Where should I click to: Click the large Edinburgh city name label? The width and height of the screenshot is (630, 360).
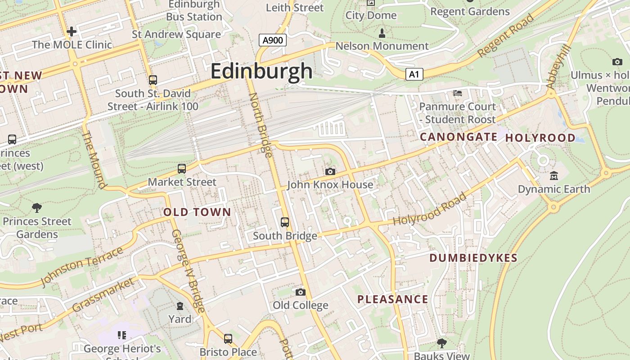pyautogui.click(x=261, y=71)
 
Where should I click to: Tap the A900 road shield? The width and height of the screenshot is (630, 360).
pyautogui.click(x=273, y=40)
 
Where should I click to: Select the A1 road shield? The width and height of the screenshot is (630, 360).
pyautogui.click(x=414, y=74)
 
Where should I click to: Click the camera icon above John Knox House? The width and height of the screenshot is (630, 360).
pyautogui.click(x=330, y=171)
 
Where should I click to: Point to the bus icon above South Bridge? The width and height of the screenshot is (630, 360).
pyautogui.click(x=284, y=222)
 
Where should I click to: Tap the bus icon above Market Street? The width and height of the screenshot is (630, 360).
pyautogui.click(x=182, y=169)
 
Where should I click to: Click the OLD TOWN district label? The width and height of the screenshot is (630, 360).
pyautogui.click(x=197, y=212)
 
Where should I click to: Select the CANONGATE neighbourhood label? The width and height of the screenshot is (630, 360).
pyautogui.click(x=458, y=137)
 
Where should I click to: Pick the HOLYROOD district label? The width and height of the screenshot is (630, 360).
pyautogui.click(x=540, y=138)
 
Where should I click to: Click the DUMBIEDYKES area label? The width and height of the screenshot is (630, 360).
pyautogui.click(x=473, y=258)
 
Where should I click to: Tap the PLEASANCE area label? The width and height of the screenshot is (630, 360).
pyautogui.click(x=392, y=299)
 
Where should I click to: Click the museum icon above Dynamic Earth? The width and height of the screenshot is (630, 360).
pyautogui.click(x=553, y=176)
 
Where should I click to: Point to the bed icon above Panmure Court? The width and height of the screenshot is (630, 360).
pyautogui.click(x=457, y=93)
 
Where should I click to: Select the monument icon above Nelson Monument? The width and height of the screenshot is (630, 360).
pyautogui.click(x=382, y=33)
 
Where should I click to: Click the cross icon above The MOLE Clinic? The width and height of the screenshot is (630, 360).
pyautogui.click(x=72, y=31)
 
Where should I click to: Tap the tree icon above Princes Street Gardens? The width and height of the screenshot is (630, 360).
pyautogui.click(x=37, y=207)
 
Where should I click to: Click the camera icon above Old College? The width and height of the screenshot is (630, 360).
pyautogui.click(x=300, y=292)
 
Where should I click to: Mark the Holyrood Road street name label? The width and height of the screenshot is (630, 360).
pyautogui.click(x=430, y=209)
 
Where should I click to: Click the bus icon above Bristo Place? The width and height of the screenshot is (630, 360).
pyautogui.click(x=228, y=338)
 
